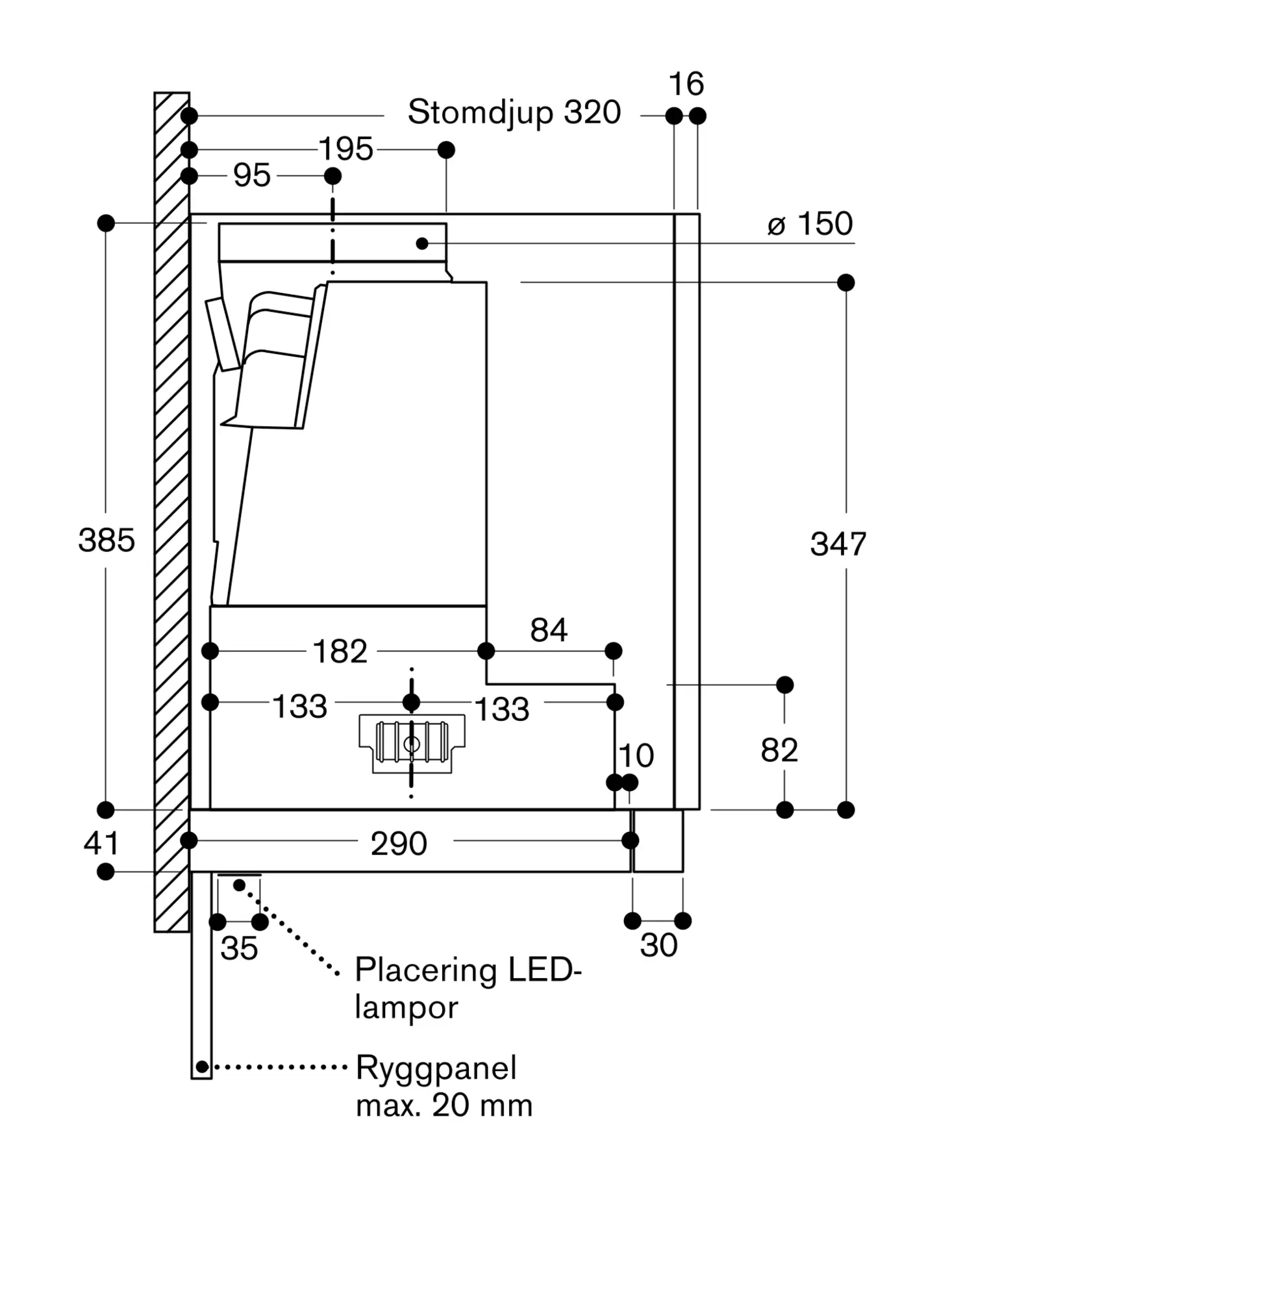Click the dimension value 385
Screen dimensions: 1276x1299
(x=106, y=540)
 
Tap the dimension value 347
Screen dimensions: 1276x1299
(x=838, y=544)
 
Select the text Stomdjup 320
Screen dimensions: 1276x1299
(x=514, y=112)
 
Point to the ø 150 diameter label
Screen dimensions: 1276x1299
(x=810, y=224)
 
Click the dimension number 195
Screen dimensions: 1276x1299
(x=346, y=149)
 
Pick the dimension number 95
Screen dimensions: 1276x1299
(x=252, y=175)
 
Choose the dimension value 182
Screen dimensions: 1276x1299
(x=340, y=651)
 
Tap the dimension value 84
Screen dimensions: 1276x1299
(x=549, y=630)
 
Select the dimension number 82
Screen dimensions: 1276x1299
(x=779, y=750)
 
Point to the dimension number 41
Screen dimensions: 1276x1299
(x=101, y=842)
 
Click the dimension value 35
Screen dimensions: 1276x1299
(x=239, y=948)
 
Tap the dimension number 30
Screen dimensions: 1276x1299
(x=658, y=945)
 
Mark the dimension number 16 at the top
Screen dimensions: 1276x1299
(x=686, y=84)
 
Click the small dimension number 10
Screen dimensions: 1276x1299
(x=636, y=756)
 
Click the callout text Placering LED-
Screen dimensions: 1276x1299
(x=468, y=969)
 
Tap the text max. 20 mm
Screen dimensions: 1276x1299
(x=444, y=1105)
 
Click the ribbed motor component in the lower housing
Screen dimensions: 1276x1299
(x=412, y=743)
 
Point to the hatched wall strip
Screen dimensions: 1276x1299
(x=172, y=512)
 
